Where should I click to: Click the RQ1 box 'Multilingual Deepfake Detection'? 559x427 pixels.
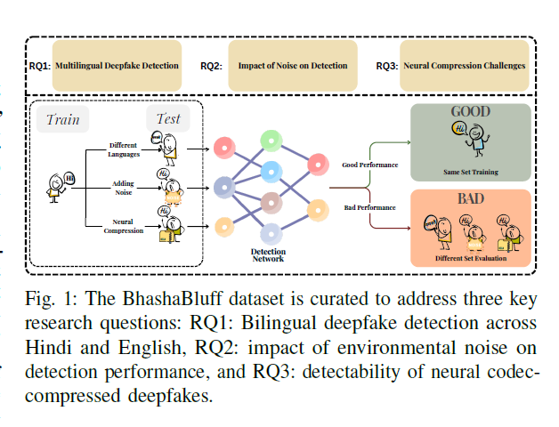[x=117, y=65]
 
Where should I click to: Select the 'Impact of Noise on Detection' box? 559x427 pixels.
[x=292, y=65]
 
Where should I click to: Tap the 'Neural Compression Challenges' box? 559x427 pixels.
[x=465, y=65]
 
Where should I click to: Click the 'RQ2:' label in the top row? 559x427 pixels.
[x=212, y=66]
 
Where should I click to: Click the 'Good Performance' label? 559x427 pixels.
[x=370, y=165]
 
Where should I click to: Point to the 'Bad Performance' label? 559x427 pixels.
[x=369, y=207]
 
